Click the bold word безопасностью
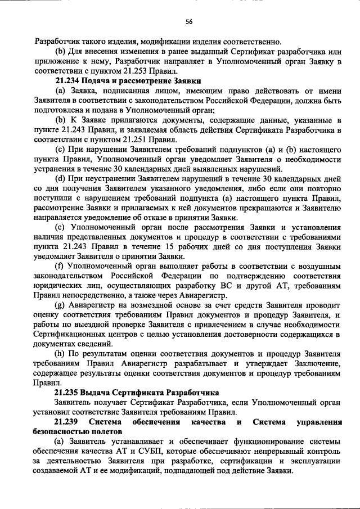(61, 431)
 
